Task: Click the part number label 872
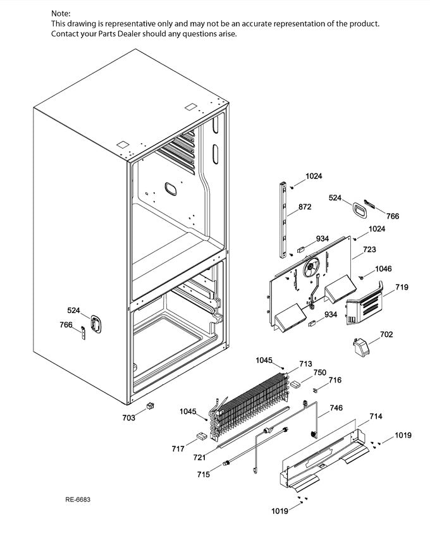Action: pos(305,207)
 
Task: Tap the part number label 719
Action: pos(402,288)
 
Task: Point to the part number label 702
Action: pos(386,334)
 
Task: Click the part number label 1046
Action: pos(383,269)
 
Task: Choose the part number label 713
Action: pos(305,364)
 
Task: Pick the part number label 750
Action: pos(320,372)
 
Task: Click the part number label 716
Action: pos(335,380)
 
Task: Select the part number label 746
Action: pos(336,408)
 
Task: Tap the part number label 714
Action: pos(376,417)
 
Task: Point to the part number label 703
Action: pos(129,417)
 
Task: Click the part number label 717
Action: pos(178,449)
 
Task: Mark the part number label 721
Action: pos(199,457)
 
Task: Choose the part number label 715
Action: pos(203,474)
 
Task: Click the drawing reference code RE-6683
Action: pos(78,500)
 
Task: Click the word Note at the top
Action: pos(61,13)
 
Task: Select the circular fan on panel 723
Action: pos(310,270)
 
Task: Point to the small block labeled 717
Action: pos(201,436)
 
